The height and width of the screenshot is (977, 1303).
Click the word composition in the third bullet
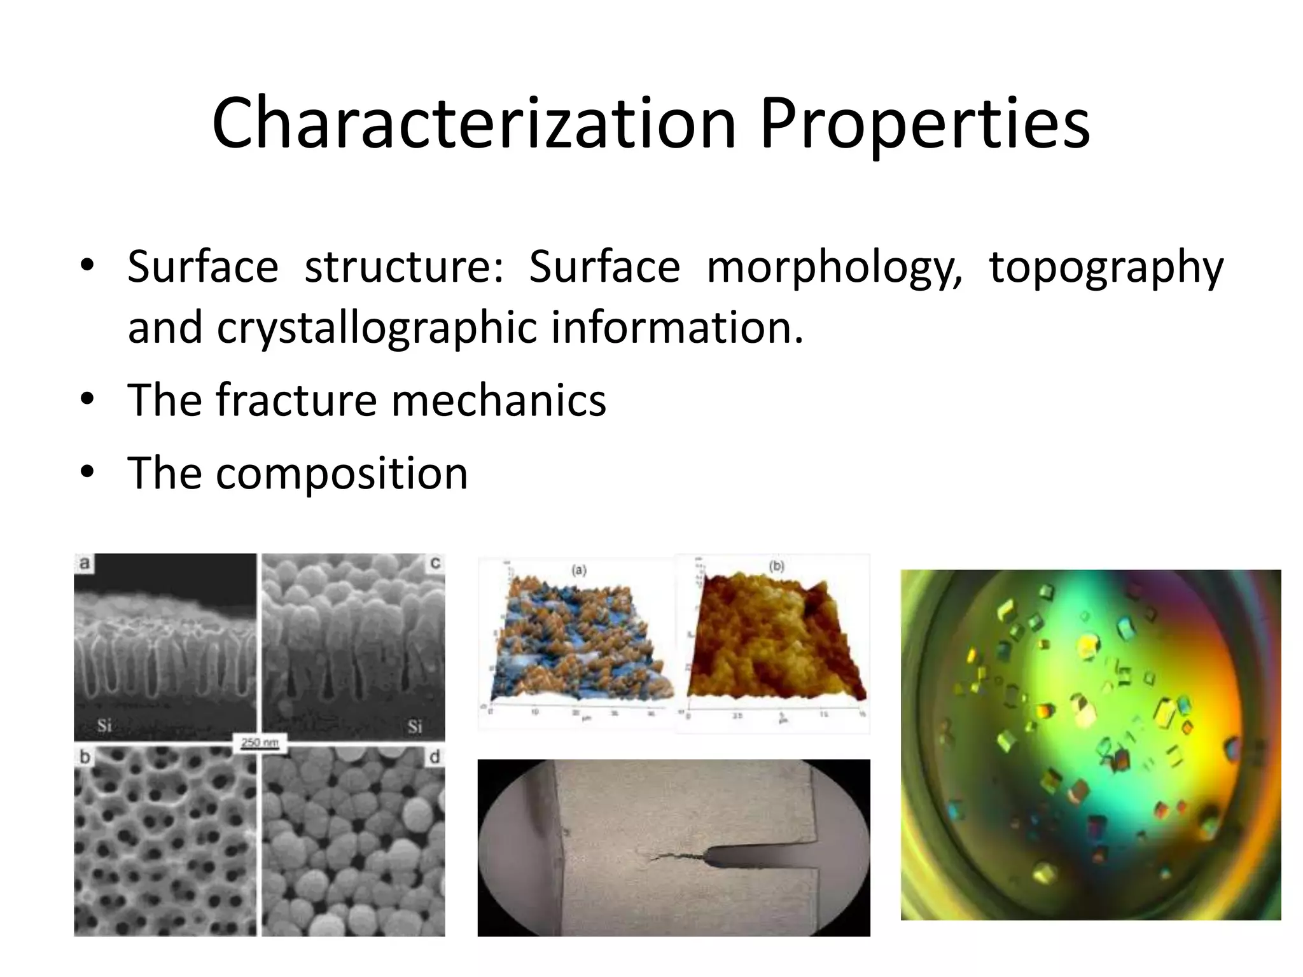[342, 473]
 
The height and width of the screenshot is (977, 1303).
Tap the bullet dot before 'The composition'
[87, 472]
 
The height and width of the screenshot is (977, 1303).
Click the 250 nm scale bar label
[260, 742]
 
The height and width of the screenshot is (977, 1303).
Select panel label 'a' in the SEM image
[84, 563]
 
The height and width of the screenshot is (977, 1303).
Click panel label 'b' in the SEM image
[84, 757]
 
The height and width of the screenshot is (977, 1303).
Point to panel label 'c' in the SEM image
[436, 563]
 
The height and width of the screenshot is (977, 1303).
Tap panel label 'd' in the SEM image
[435, 757]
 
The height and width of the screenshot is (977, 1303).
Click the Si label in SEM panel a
[104, 725]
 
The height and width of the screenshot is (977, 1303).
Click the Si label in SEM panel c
[415, 726]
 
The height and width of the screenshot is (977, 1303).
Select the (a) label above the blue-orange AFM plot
[579, 570]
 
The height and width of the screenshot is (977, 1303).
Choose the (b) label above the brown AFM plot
[776, 566]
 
